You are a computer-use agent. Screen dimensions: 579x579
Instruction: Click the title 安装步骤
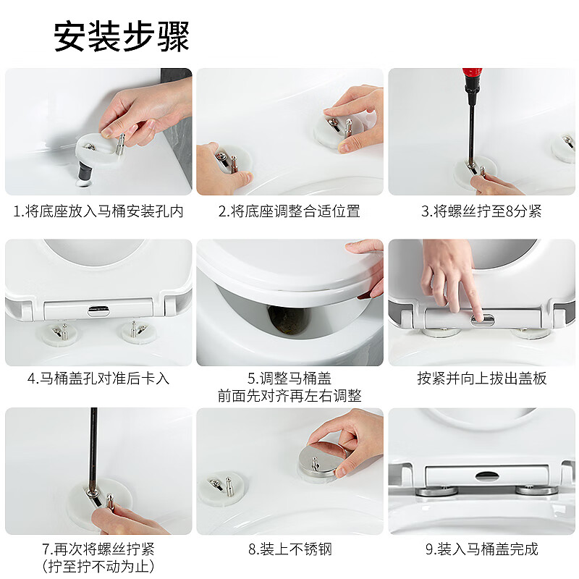(x=122, y=36)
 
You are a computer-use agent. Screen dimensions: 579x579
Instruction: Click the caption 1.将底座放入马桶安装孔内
(x=98, y=211)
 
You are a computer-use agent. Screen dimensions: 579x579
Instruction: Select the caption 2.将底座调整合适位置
(x=289, y=211)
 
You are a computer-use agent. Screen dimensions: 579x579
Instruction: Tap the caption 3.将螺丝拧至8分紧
(x=481, y=211)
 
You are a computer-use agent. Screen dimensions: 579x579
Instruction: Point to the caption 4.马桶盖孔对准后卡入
(x=98, y=379)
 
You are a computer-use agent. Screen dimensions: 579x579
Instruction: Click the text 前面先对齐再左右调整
(x=289, y=396)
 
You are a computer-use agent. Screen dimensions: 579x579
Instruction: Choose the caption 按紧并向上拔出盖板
(x=481, y=379)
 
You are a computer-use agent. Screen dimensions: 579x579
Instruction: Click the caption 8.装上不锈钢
(x=289, y=549)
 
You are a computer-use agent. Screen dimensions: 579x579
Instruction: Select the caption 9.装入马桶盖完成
(x=481, y=549)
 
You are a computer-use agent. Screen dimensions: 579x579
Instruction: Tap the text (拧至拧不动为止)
(x=98, y=566)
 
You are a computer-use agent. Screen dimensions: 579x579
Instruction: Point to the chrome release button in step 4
(x=98, y=310)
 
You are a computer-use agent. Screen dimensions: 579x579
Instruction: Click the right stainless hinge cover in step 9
(x=536, y=490)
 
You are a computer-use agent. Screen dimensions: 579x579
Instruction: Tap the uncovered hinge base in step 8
(x=224, y=486)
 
